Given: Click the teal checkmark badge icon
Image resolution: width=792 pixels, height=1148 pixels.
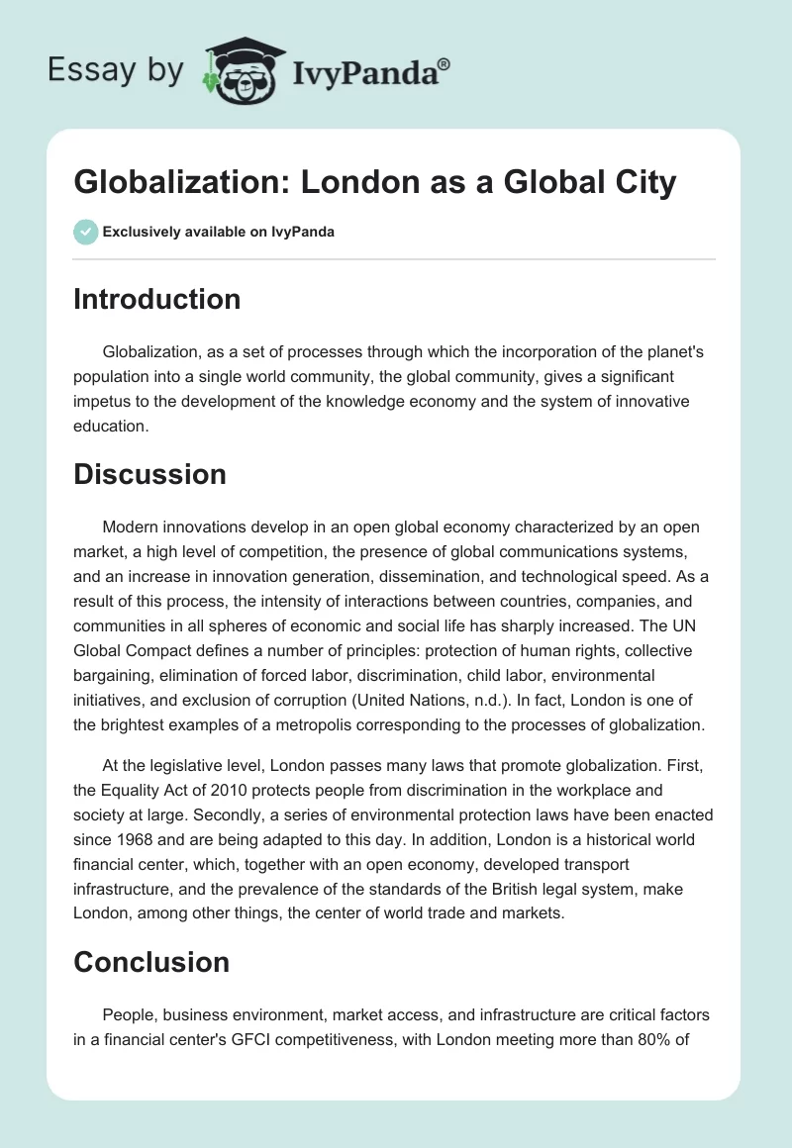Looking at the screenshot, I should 85,232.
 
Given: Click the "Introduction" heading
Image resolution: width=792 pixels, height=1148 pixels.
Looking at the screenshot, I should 156,299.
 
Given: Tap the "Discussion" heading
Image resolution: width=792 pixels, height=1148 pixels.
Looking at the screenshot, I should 149,474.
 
